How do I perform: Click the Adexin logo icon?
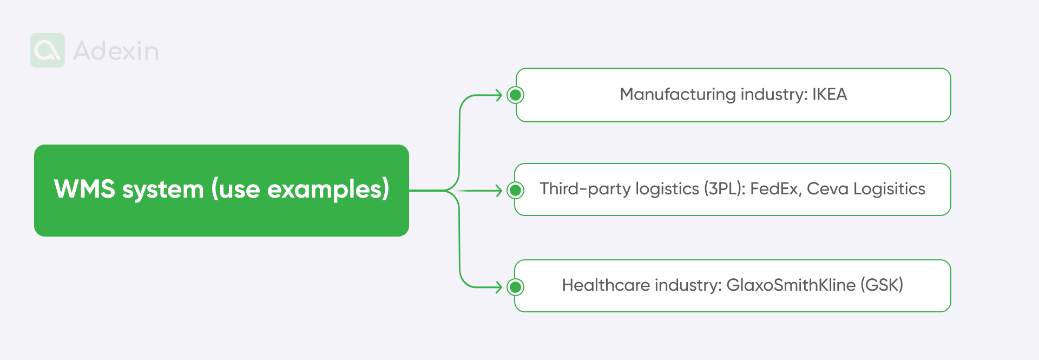[x=48, y=50]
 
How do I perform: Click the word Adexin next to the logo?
[x=116, y=51]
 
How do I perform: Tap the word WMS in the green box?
[x=84, y=189]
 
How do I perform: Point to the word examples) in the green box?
[x=328, y=189]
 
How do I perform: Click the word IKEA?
[x=829, y=95]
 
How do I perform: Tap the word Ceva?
[x=827, y=189]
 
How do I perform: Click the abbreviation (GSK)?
[x=882, y=285]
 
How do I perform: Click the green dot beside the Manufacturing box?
[x=516, y=95]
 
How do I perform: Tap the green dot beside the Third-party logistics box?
[x=516, y=190]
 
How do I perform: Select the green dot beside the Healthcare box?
[x=516, y=287]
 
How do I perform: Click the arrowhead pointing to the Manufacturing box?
[x=499, y=95]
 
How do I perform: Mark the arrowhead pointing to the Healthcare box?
[x=499, y=287]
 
